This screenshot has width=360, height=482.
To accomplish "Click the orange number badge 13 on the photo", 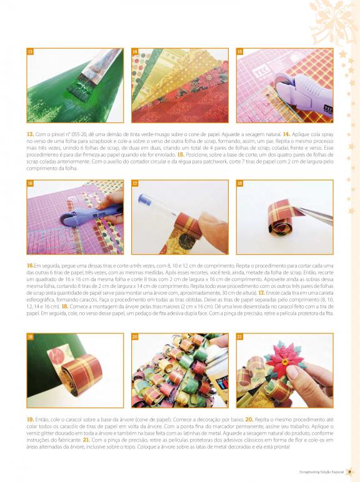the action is point(30,52).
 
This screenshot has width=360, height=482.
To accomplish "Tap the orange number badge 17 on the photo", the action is point(135,184).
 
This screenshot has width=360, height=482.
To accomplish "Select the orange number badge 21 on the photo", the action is point(240,337).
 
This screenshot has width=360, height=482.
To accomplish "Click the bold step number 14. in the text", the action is point(286,134).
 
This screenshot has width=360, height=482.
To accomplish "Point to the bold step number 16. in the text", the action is point(30,265).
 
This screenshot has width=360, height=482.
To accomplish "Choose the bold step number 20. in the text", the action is point(249,420).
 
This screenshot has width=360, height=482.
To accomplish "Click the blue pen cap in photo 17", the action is point(144,200).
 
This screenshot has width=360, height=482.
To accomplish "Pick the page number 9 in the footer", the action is point(349,472).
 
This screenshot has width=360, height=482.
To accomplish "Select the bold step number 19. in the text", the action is point(30,420).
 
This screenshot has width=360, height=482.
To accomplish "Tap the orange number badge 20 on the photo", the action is point(135,337).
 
